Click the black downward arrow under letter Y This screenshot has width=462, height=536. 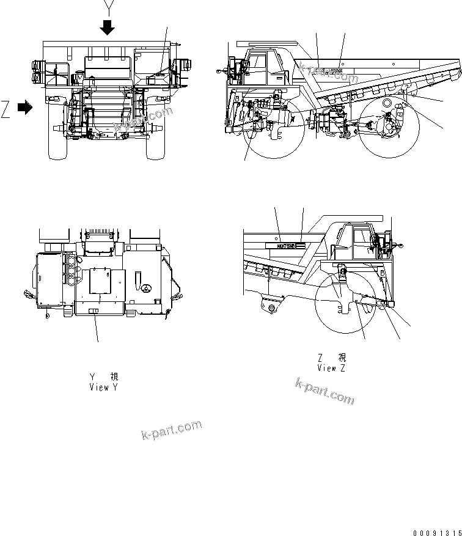(x=108, y=28)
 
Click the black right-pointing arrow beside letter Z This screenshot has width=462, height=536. (x=25, y=108)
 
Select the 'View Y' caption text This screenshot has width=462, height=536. (x=103, y=387)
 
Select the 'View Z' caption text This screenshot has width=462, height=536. (x=332, y=368)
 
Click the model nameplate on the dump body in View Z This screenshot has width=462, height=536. (x=285, y=246)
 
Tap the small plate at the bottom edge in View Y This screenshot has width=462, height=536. (x=93, y=312)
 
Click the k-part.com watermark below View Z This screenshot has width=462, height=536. (x=324, y=391)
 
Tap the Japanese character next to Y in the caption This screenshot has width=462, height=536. (x=114, y=377)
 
